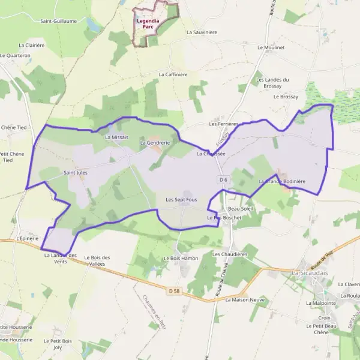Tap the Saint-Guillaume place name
coord(58,21)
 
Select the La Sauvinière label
coord(202,32)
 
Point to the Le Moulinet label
coord(271,47)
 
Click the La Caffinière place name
coord(173,74)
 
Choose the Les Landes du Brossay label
coord(272,83)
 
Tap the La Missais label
coord(116,137)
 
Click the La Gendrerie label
coord(155,143)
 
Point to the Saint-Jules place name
coord(76,172)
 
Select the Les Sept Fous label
coord(181,199)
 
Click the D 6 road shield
coord(223,179)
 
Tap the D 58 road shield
coord(174,291)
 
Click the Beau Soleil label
coord(241,208)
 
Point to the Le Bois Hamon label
coord(181,258)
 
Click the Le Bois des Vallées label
coord(97,260)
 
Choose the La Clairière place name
coord(32,45)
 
